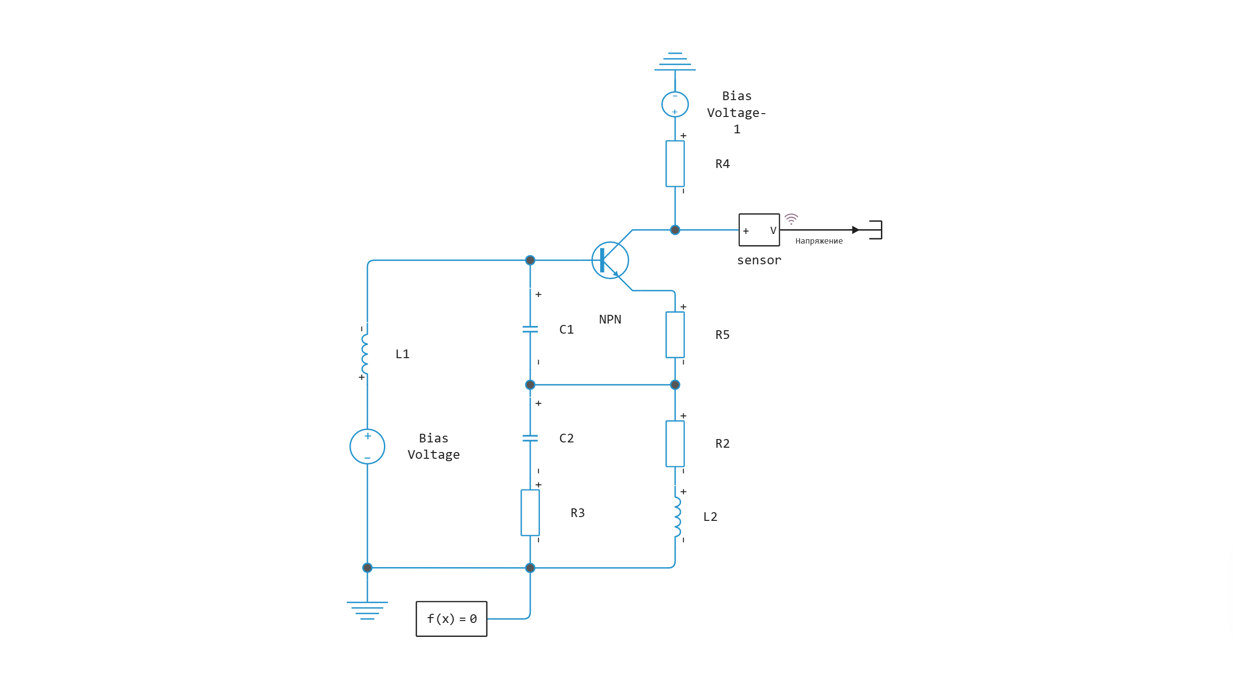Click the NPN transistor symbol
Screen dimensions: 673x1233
pyautogui.click(x=610, y=260)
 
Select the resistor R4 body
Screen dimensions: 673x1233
pyautogui.click(x=675, y=164)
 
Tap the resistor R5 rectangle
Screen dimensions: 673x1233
pyautogui.click(x=675, y=335)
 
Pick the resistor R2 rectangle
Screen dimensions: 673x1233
pyautogui.click(x=675, y=443)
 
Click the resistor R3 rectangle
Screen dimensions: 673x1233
pyautogui.click(x=530, y=513)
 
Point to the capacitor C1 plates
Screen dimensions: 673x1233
pyautogui.click(x=530, y=329)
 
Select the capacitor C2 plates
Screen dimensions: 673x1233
pyautogui.click(x=530, y=438)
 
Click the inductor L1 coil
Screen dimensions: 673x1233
pyautogui.click(x=365, y=354)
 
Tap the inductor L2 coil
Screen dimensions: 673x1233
pyautogui.click(x=677, y=517)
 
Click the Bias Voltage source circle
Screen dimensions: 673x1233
pyautogui.click(x=367, y=446)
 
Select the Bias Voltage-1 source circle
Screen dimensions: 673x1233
pyautogui.click(x=675, y=104)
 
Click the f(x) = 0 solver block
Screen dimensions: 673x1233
pyautogui.click(x=451, y=619)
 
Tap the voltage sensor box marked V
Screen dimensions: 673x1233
pyautogui.click(x=759, y=230)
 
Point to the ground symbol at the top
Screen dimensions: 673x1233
pyautogui.click(x=675, y=62)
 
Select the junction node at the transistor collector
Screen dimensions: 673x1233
pyautogui.click(x=675, y=230)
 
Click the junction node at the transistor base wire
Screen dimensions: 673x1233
pyautogui.click(x=530, y=260)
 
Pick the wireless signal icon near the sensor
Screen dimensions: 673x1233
pyautogui.click(x=791, y=219)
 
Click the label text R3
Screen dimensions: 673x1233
pyautogui.click(x=577, y=513)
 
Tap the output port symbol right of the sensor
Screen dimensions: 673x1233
pyautogui.click(x=876, y=230)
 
